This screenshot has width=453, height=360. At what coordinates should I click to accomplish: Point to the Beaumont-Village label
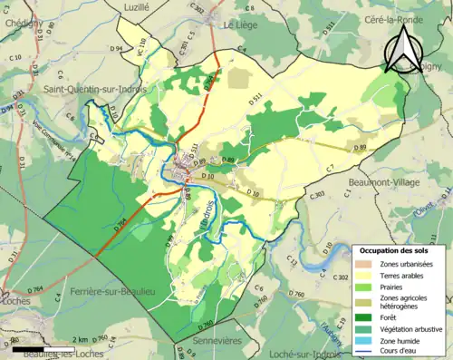tap(386, 181)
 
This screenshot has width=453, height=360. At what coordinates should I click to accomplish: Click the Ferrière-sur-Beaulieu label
tap(103, 295)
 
